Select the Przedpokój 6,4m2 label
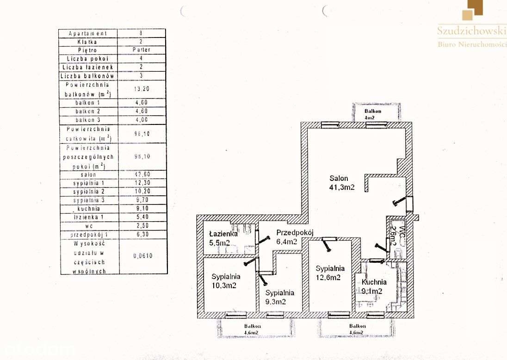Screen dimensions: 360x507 295,237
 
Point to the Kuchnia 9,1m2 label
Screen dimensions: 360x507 372,286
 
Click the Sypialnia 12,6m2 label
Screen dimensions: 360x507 330,273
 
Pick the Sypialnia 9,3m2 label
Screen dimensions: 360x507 279,297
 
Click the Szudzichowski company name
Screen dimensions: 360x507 471,31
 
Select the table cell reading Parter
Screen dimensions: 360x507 141,50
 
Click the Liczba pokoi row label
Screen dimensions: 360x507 88,58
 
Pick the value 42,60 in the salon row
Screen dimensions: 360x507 141,174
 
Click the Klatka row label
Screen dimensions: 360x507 88,42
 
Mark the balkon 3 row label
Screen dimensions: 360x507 88,120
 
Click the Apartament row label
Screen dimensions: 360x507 88,33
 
